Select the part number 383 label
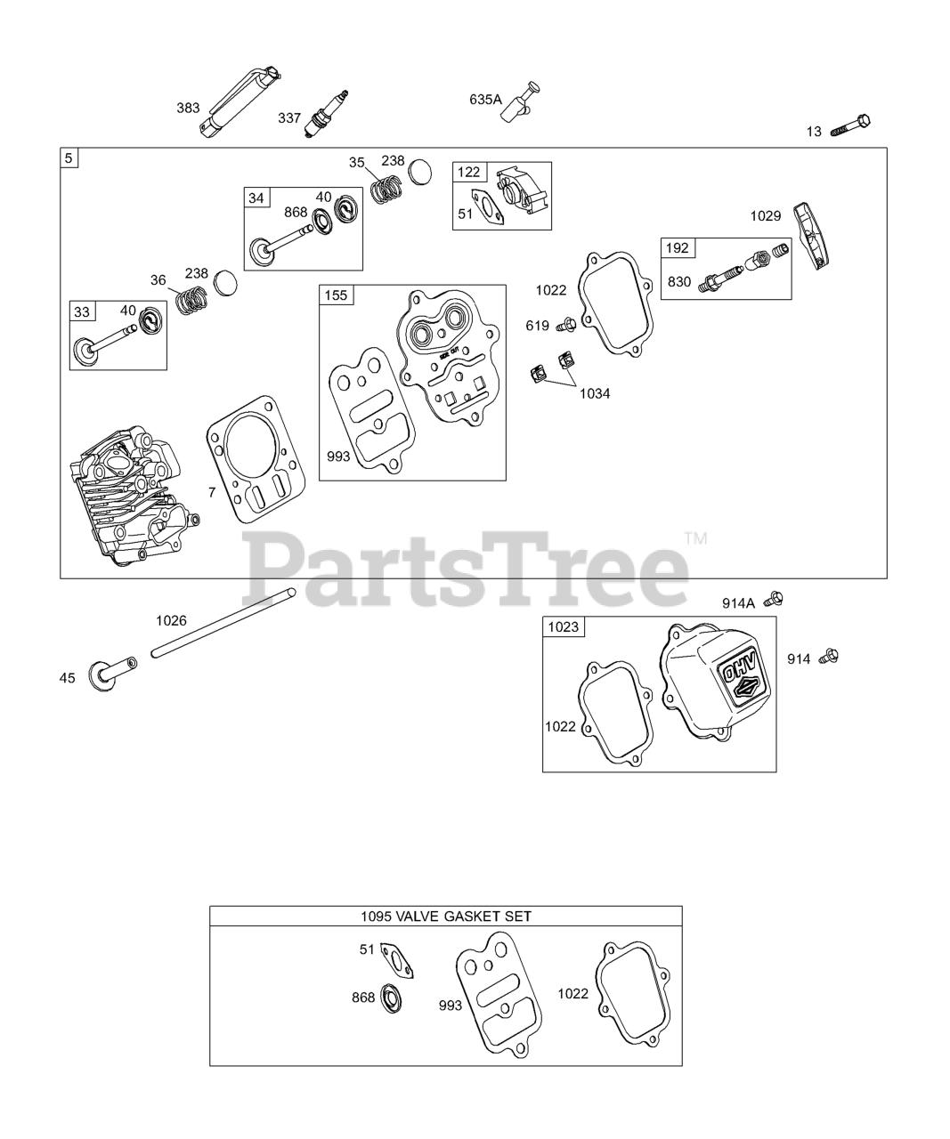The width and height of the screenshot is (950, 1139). (x=188, y=109)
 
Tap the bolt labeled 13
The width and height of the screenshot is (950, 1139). (x=850, y=125)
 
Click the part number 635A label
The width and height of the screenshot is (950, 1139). (x=485, y=100)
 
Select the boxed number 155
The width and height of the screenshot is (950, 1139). (x=337, y=295)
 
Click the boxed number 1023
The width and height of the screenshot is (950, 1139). (x=563, y=627)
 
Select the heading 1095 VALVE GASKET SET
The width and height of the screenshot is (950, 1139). (x=446, y=916)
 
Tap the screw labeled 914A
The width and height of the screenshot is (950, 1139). (x=775, y=598)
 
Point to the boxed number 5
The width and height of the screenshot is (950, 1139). (x=69, y=158)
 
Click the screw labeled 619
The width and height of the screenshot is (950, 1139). (x=566, y=326)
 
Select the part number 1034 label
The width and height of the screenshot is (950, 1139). (x=595, y=393)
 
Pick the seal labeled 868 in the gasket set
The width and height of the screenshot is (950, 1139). (x=391, y=998)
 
